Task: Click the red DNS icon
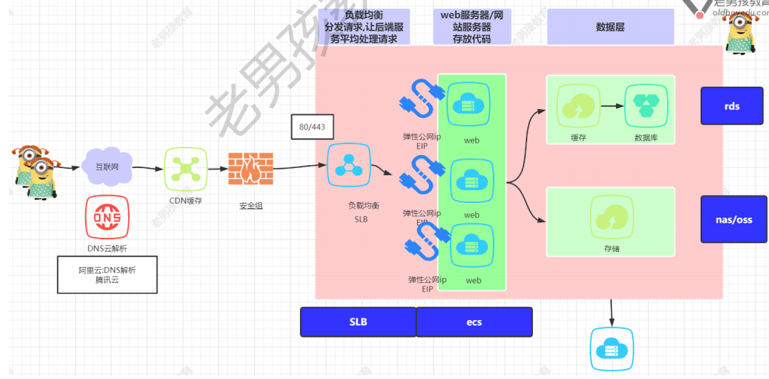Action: click(108, 217)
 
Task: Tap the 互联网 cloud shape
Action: click(107, 166)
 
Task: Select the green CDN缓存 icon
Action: click(185, 169)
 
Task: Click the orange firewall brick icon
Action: click(250, 169)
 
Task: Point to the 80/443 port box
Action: click(312, 127)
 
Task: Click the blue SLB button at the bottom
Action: click(358, 322)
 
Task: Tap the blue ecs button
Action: click(474, 322)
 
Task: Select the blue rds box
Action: click(732, 106)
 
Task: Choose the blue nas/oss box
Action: click(733, 219)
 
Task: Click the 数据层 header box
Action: click(610, 27)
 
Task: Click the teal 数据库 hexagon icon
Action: click(646, 106)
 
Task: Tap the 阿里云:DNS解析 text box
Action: click(107, 274)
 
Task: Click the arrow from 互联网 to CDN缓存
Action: click(149, 168)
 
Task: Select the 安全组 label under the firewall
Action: click(251, 206)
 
